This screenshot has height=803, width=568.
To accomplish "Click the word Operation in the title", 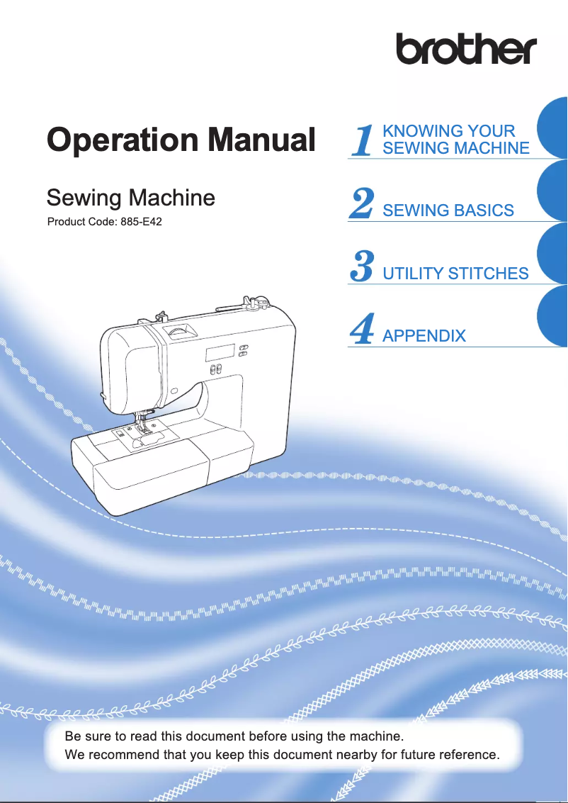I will (x=119, y=140).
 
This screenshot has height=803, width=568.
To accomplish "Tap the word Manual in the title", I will (x=257, y=140).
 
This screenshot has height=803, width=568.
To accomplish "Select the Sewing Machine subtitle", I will (x=130, y=197).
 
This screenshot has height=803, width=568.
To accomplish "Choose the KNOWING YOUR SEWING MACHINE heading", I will (x=455, y=140).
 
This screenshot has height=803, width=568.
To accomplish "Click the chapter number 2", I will (x=362, y=204).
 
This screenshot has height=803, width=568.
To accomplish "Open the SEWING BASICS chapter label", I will (x=448, y=210).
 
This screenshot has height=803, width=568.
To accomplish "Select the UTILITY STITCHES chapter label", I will (x=455, y=274).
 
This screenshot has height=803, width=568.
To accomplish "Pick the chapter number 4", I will (x=362, y=330).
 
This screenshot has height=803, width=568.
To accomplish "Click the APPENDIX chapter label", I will (x=424, y=336).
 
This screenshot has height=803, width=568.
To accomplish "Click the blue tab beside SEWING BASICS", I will (x=553, y=190).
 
